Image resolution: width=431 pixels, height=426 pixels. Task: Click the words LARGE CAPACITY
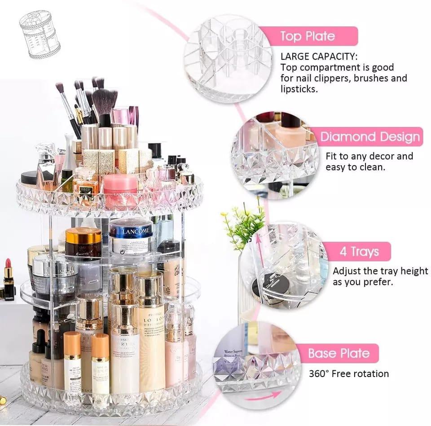point(319,57)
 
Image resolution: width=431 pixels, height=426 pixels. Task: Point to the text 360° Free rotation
point(348,373)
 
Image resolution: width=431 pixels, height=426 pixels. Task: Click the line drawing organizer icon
point(40,34)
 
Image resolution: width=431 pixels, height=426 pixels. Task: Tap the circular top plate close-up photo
point(228,58)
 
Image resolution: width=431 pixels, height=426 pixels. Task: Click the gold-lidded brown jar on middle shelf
point(83,242)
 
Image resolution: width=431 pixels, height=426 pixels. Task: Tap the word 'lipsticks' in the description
point(299,89)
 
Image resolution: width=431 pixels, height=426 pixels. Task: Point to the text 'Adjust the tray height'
point(380,271)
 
